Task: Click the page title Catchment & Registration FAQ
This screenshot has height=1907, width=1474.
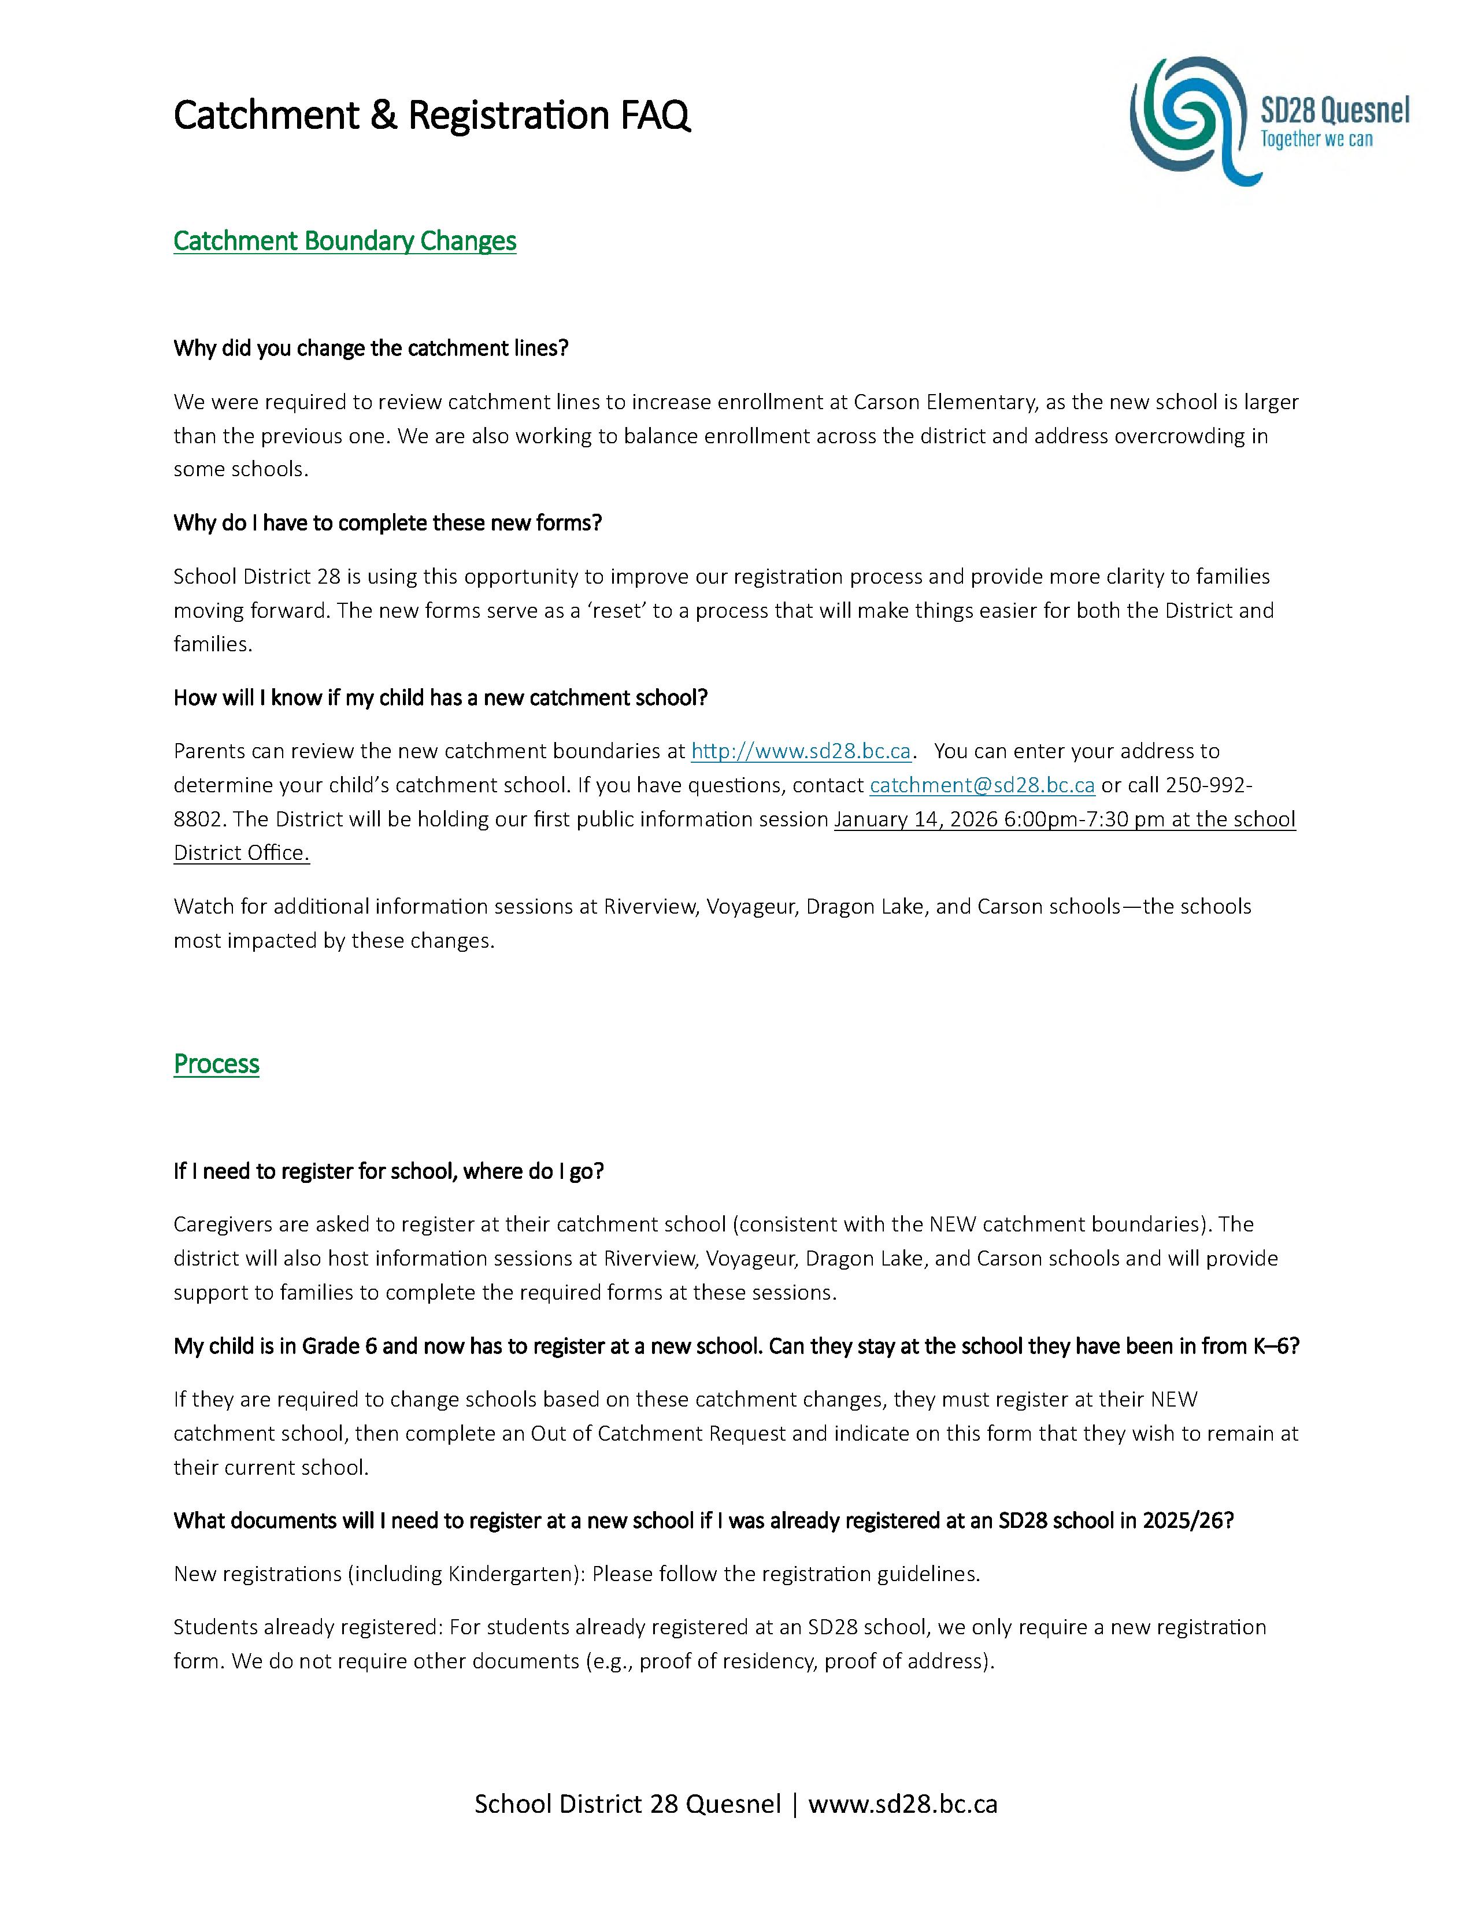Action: [x=431, y=115]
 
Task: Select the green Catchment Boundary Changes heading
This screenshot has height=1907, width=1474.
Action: [x=345, y=241]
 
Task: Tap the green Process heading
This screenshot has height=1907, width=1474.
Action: [x=217, y=1063]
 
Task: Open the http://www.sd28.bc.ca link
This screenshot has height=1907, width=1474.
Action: [x=801, y=751]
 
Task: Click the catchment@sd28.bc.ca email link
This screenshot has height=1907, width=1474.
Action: [x=982, y=785]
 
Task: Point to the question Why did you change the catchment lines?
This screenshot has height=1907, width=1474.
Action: [x=371, y=348]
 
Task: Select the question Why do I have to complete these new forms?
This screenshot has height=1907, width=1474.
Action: [x=388, y=523]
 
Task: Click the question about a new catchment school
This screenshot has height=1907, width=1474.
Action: [x=440, y=697]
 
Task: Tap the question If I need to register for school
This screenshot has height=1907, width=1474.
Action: [x=388, y=1171]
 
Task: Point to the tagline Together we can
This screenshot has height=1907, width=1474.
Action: [x=1316, y=140]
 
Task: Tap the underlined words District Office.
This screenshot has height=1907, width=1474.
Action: [x=242, y=853]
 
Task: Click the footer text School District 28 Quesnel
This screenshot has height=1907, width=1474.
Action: [x=627, y=1804]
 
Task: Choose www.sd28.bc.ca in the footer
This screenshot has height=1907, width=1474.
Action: [x=903, y=1804]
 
